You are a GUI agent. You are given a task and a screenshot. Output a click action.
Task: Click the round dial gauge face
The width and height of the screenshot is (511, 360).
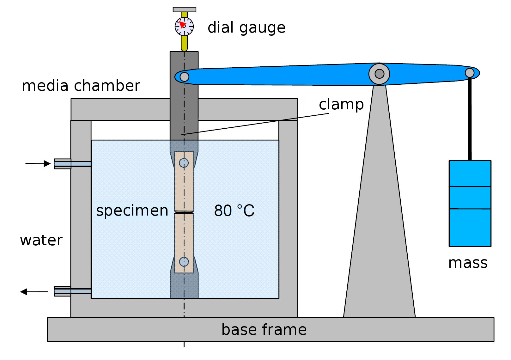tap(184, 27)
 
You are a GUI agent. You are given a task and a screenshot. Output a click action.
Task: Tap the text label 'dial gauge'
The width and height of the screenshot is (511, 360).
tap(246, 28)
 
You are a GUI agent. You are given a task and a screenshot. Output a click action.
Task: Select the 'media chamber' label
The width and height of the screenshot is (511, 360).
tap(81, 86)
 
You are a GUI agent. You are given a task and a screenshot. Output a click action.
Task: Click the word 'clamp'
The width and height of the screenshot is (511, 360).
tap(341, 104)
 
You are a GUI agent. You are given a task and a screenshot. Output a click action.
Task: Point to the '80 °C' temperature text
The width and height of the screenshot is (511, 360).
tap(234, 211)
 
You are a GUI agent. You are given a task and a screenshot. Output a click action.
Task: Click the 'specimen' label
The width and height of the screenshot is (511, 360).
tap(132, 211)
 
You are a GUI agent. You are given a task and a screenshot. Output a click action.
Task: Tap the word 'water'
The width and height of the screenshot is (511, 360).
tap(41, 240)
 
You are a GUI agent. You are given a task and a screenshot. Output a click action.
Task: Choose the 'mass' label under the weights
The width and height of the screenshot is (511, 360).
tap(468, 263)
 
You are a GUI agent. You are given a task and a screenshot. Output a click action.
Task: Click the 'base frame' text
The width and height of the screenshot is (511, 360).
tap(264, 330)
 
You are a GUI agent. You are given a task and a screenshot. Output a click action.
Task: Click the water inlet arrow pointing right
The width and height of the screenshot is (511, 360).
tap(38, 163)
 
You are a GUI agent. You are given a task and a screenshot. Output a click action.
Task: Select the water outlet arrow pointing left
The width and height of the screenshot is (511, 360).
tap(34, 291)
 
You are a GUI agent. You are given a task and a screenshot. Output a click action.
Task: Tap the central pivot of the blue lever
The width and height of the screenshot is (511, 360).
tap(379, 74)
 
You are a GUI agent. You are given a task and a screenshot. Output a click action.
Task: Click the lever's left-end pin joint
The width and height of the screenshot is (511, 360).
tap(184, 77)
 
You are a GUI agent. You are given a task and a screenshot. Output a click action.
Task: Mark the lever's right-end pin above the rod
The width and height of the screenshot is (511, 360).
tap(470, 73)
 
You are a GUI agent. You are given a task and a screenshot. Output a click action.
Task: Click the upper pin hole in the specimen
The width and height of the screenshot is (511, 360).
tap(184, 163)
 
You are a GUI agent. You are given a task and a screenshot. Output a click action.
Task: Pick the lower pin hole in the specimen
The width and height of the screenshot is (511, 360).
tap(184, 262)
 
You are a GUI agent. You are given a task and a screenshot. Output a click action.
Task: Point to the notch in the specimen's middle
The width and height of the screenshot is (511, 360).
tap(184, 212)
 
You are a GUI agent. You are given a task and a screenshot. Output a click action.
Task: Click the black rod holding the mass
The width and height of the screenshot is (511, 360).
tap(470, 120)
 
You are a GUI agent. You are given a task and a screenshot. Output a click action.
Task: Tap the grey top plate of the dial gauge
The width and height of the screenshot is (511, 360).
tap(185, 9)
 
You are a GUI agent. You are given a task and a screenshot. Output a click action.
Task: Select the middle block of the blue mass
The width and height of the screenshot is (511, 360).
tap(470, 198)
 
